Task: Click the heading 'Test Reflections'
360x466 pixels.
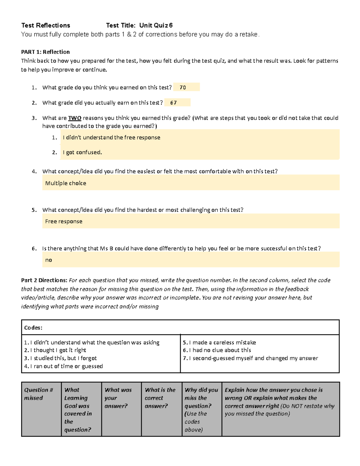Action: (x=46, y=26)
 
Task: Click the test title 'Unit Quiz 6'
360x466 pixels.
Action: (x=156, y=26)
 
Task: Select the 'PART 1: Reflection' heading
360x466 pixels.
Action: (x=45, y=52)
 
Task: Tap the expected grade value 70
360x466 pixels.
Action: (x=183, y=88)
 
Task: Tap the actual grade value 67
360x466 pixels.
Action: (x=173, y=103)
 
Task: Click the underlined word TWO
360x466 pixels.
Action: (x=75, y=118)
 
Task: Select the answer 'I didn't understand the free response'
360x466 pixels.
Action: (x=111, y=137)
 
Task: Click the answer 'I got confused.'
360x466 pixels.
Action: (x=82, y=152)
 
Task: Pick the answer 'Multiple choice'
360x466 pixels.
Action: (x=65, y=183)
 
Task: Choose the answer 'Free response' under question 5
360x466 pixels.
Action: (x=64, y=221)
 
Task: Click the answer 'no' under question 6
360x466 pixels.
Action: (x=49, y=260)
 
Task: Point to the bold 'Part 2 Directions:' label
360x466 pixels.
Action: (x=44, y=280)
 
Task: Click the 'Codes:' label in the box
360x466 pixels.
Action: (x=33, y=328)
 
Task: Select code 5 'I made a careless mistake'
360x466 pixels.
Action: (x=219, y=342)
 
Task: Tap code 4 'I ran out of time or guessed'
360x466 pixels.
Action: (x=63, y=366)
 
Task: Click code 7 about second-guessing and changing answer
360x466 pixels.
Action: (x=250, y=358)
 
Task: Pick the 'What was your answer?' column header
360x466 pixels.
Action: (x=118, y=398)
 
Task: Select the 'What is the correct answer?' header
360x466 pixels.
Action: (x=160, y=398)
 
